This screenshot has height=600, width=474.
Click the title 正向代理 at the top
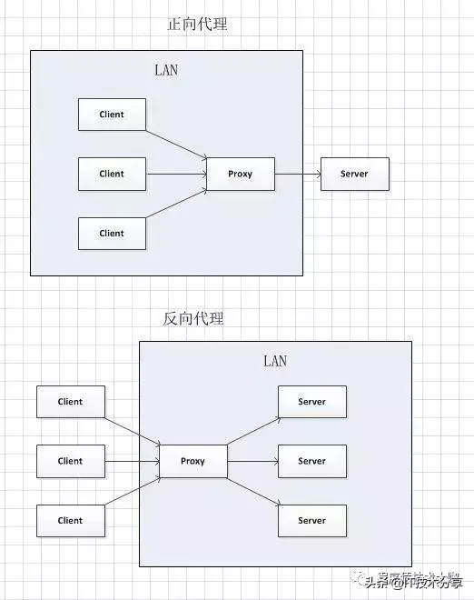[197, 25]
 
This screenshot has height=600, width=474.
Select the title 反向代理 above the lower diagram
[193, 318]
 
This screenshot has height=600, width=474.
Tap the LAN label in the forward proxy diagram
[166, 70]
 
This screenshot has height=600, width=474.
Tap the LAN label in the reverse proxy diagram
[275, 361]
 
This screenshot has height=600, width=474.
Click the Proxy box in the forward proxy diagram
[240, 174]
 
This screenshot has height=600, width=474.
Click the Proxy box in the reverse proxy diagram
[193, 461]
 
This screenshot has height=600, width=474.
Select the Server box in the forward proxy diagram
[354, 174]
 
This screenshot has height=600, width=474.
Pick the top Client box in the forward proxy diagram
[112, 115]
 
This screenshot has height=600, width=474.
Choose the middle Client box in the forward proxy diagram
[112, 174]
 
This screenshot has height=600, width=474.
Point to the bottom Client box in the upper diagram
[112, 233]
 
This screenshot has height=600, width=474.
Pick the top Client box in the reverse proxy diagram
[70, 402]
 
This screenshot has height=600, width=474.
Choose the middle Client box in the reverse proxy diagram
[70, 461]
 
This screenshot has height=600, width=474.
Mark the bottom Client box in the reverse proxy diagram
[70, 521]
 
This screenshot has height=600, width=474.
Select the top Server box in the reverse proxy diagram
[311, 402]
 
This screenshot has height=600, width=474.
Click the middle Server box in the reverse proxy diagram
[311, 461]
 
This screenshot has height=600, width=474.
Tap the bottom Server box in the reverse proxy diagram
[311, 521]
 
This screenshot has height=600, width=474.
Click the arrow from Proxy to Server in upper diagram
[298, 174]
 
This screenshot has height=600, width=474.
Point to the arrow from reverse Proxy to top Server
[252, 431]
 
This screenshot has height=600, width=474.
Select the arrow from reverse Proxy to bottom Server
[252, 491]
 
